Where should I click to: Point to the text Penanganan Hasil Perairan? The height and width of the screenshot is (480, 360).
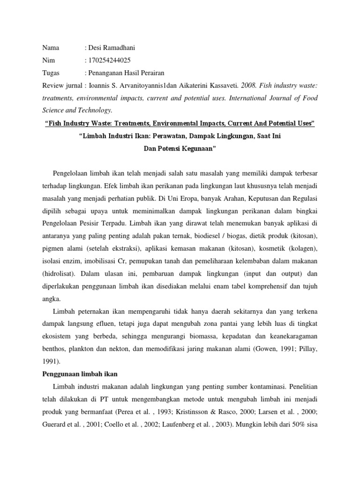coord(126,73)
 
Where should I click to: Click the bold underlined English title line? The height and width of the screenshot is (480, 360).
coord(180,123)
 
